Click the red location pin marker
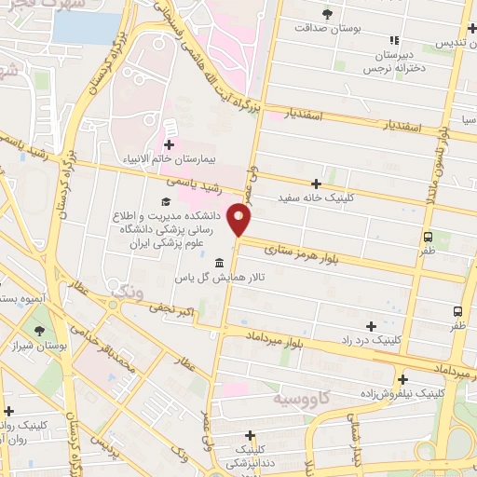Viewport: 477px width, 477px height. [x=241, y=220]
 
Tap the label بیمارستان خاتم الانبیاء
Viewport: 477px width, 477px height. [x=169, y=159]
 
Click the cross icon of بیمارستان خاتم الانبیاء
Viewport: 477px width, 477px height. [x=169, y=144]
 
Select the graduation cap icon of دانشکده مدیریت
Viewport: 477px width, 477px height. [x=166, y=202]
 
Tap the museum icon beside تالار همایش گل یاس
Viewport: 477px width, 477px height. [x=219, y=262]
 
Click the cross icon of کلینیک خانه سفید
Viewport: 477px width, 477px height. [x=317, y=184]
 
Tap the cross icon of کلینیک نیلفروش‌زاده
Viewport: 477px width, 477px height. [x=402, y=379]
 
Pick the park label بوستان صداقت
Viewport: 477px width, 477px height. [x=327, y=29]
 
